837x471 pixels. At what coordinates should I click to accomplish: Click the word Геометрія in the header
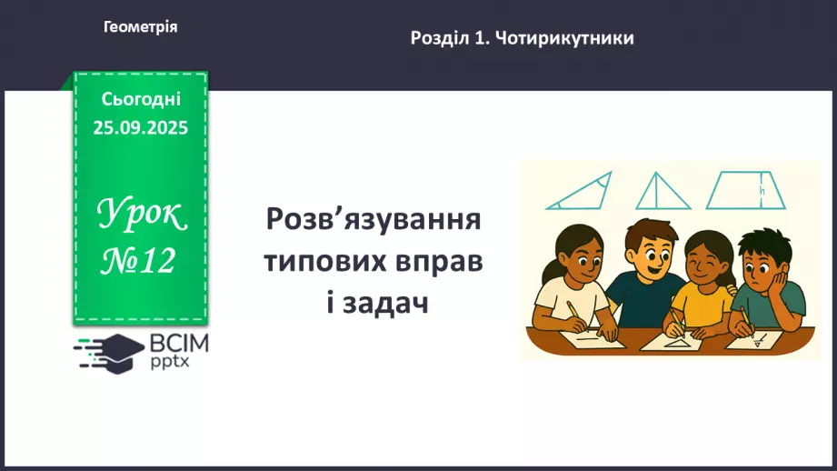pyautogui.click(x=141, y=27)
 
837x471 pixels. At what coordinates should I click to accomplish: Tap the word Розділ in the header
pyautogui.click(x=438, y=38)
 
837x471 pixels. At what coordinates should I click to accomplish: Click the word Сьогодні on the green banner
pyautogui.click(x=141, y=99)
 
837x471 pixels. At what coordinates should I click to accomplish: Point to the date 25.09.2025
pyautogui.click(x=141, y=128)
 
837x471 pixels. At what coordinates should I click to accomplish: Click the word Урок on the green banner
pyautogui.click(x=142, y=217)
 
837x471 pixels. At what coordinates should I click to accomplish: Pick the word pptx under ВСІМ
pyautogui.click(x=171, y=363)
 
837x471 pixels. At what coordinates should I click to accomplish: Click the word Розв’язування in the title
pyautogui.click(x=373, y=220)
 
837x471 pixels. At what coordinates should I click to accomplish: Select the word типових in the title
pyautogui.click(x=323, y=262)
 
